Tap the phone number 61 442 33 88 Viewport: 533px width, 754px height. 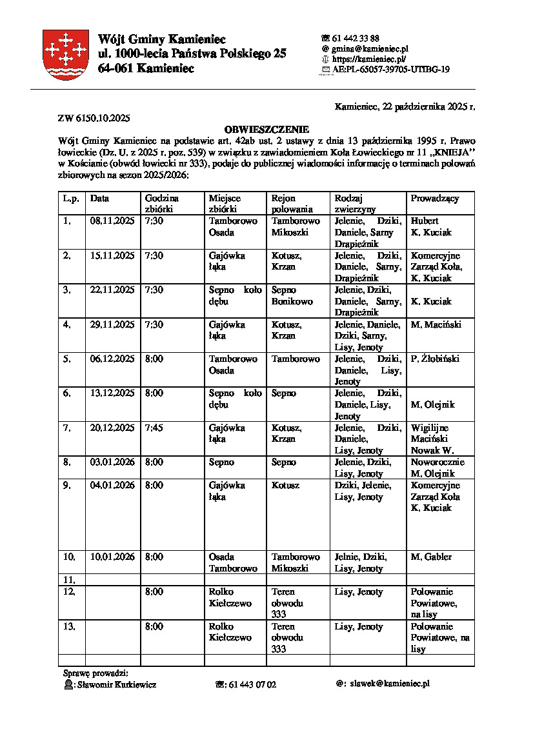click(355, 38)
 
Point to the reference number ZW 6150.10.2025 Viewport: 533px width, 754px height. click(94, 117)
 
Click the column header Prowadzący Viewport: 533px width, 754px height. click(435, 199)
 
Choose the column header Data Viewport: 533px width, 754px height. click(99, 199)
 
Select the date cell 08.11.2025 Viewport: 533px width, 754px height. click(112, 221)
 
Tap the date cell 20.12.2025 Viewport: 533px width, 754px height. click(112, 428)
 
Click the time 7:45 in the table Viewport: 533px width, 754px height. click(154, 428)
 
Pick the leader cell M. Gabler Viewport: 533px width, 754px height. click(431, 557)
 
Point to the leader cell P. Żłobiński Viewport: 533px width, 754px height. click(435, 359)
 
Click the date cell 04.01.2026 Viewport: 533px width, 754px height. click(112, 485)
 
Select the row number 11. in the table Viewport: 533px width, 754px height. click(70, 580)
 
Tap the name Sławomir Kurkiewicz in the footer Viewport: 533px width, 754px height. click(116, 684)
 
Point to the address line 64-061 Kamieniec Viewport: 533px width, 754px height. click(146, 68)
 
